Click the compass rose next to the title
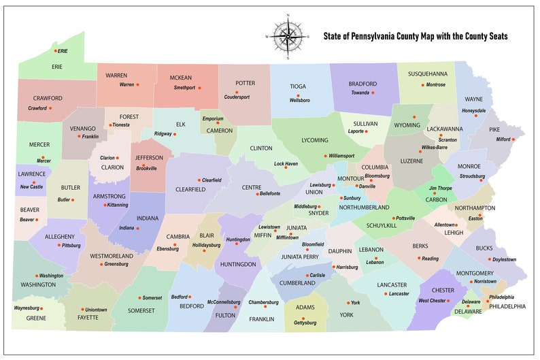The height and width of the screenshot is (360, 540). tap(288, 35)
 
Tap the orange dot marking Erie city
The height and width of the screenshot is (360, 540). tap(56, 51)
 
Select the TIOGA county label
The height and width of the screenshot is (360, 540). tap(298, 86)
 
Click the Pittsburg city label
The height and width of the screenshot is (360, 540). tap(71, 245)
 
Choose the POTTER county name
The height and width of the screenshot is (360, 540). tap(245, 83)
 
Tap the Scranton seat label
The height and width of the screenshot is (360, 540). tap(447, 140)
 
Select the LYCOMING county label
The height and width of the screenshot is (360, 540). tap(314, 140)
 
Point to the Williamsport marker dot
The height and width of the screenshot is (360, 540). tap(326, 156)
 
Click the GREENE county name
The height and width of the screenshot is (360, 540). tap(35, 318)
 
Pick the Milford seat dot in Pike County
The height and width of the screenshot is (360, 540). tap(513, 140)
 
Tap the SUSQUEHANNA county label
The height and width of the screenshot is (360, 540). tap(427, 73)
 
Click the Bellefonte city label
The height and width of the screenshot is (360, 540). tap(269, 194)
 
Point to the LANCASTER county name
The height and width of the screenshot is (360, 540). tap(392, 284)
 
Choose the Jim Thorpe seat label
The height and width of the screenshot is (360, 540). tap(440, 188)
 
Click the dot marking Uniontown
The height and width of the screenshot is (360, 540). tap(82, 310)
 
